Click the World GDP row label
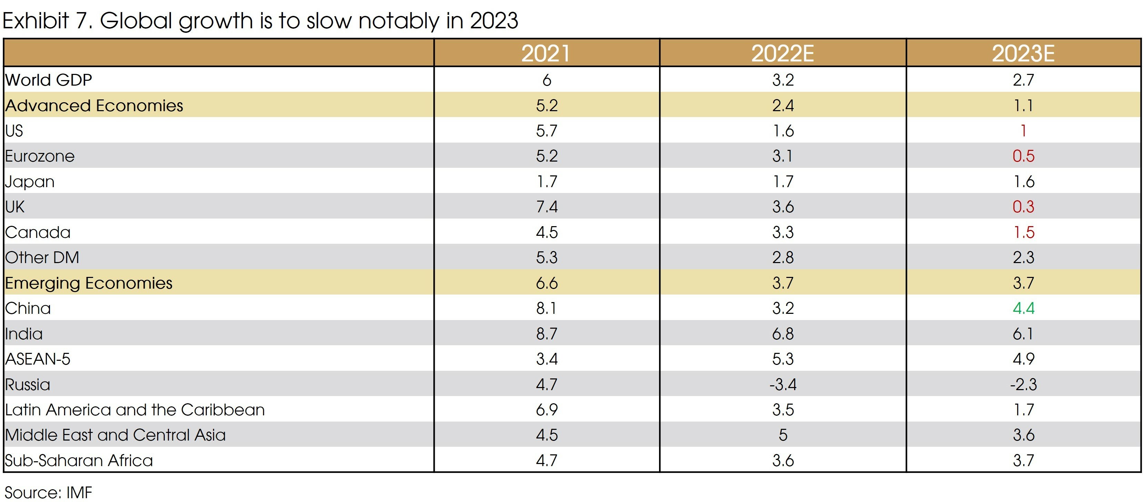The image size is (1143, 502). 48,80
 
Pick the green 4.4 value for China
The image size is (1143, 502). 1023,308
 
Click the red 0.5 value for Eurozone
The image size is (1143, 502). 1023,156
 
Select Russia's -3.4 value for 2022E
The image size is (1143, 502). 783,384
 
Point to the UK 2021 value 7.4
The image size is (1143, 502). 547,206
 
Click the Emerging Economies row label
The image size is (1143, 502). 89,283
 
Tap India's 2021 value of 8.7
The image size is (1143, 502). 547,334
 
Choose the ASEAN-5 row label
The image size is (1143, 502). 38,359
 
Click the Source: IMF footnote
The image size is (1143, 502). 48,492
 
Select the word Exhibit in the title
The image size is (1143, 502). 36,20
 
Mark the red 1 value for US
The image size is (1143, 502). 1023,131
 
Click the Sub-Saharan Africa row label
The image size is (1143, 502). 79,460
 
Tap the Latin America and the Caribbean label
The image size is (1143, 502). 134,409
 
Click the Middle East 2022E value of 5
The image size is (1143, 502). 783,435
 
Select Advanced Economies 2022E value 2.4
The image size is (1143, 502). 783,105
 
